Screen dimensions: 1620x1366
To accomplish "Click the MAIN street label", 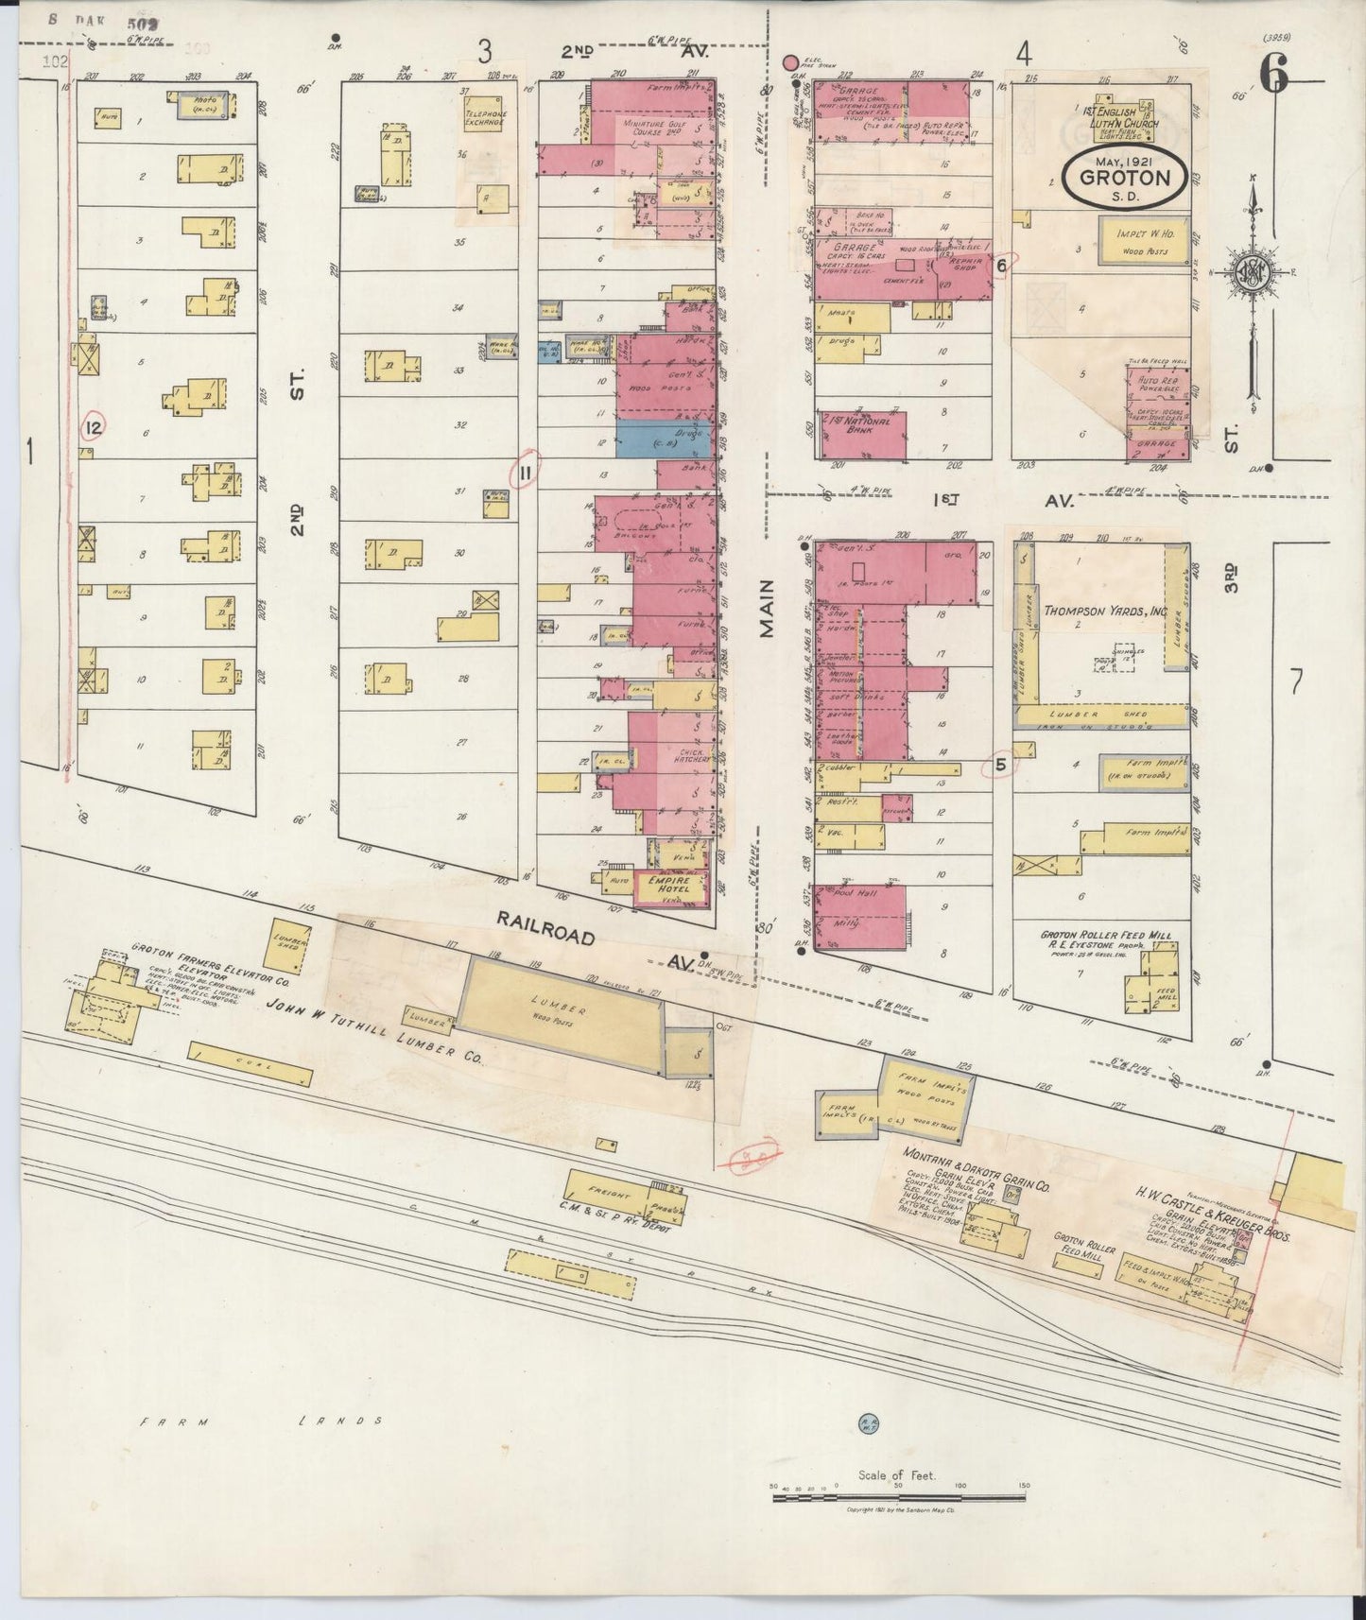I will coord(766,609).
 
